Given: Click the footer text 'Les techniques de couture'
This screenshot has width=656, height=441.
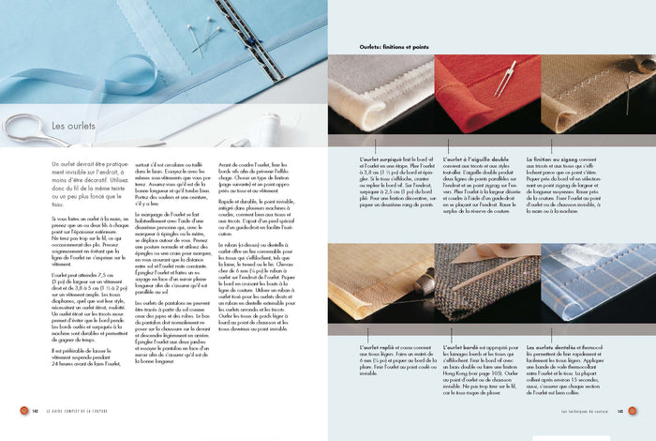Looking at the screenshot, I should point(586,410).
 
